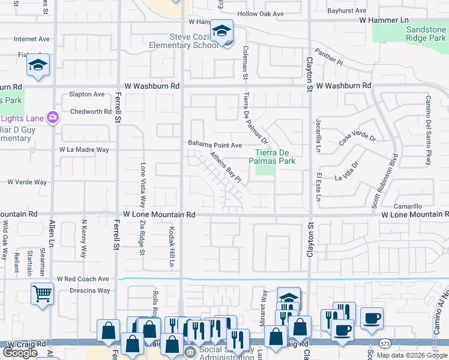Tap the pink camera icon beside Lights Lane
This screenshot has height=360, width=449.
click(53, 116)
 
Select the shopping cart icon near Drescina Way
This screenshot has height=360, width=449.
click(43, 294)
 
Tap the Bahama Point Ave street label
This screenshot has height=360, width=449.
click(215, 145)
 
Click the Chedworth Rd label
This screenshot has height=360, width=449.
click(91, 112)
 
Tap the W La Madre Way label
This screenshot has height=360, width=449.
click(84, 149)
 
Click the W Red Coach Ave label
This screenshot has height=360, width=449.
click(83, 279)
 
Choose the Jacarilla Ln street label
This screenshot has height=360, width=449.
click(318, 136)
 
